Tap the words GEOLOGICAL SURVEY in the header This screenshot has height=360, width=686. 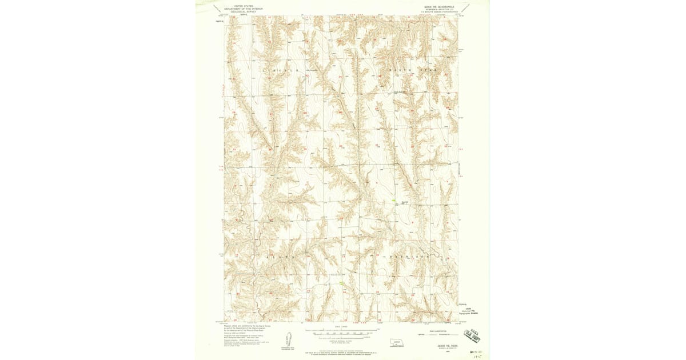point(240,11)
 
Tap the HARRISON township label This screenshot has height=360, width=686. point(410,257)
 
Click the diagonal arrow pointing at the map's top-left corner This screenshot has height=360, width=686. point(217,9)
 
